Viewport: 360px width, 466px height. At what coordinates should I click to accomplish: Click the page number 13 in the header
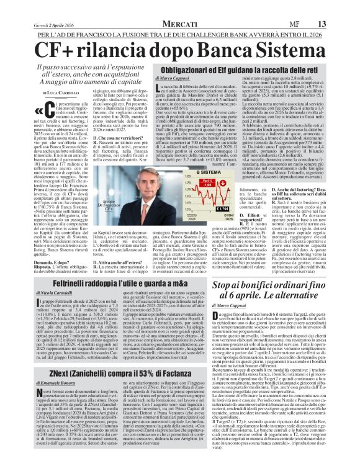[340, 6]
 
